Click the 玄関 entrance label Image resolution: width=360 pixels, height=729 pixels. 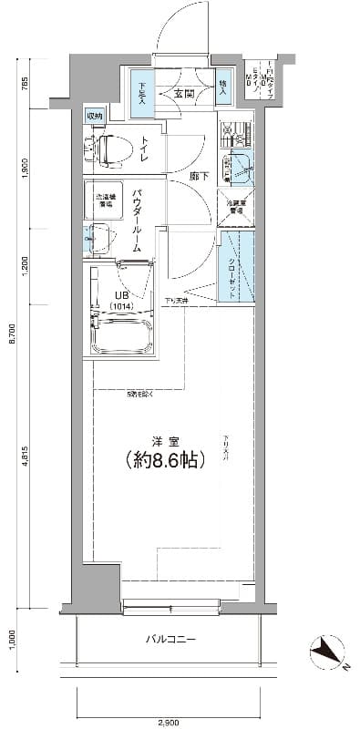pos(185,93)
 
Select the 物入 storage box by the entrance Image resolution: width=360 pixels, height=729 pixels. pos(223,88)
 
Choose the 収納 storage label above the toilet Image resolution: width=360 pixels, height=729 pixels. pos(95,116)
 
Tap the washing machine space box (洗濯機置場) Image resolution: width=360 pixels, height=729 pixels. pos(99,198)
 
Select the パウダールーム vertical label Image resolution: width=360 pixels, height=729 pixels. pos(136,220)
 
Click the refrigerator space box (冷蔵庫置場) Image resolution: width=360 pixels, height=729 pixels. pos(235,207)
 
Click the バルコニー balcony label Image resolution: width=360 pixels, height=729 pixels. pos(170,639)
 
